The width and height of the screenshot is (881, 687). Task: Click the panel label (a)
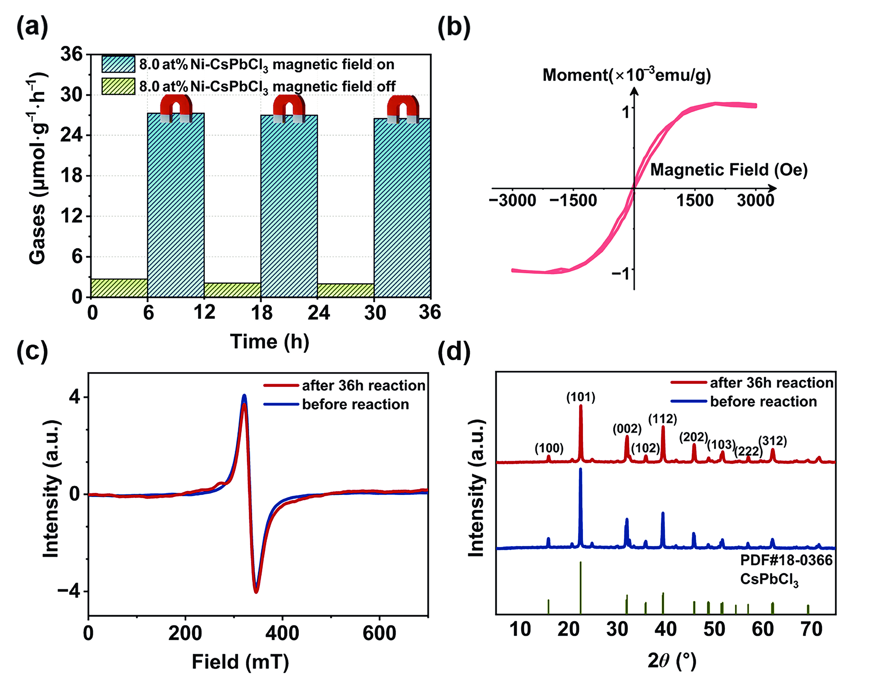click(x=32, y=28)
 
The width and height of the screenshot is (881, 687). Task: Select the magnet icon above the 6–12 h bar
click(x=176, y=108)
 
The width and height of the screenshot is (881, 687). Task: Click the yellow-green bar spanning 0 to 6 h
click(x=119, y=288)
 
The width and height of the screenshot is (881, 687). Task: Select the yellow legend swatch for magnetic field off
click(x=118, y=86)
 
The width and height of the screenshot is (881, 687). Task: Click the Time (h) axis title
click(x=269, y=342)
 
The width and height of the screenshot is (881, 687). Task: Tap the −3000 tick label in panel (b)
click(x=512, y=200)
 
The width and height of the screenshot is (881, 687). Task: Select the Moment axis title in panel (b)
click(x=626, y=75)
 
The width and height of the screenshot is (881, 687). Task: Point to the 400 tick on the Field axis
click(x=282, y=633)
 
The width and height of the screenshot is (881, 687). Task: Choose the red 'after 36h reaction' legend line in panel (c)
click(x=281, y=385)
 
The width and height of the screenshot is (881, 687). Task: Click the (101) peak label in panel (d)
click(x=581, y=397)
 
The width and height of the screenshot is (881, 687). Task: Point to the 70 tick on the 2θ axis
click(x=811, y=629)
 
